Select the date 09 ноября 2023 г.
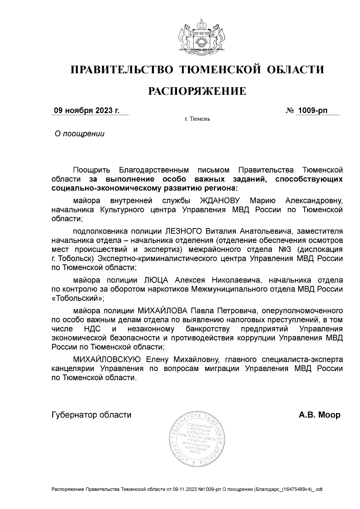(86, 111)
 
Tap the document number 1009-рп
(312, 111)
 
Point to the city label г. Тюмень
(197, 119)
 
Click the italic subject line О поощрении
(79, 134)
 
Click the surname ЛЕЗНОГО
(184, 231)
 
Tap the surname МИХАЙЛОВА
(162, 310)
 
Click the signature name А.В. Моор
(319, 415)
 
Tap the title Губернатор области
(91, 415)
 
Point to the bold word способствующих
(309, 179)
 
